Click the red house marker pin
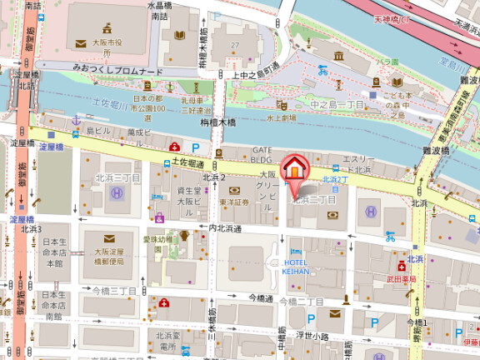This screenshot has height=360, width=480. pos(293,169)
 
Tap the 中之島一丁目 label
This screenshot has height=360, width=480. pos(337,105)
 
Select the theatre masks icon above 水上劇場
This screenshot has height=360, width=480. pos(282,106)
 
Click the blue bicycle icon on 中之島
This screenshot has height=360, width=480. pos(322,71)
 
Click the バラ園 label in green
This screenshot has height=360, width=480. pos(385,62)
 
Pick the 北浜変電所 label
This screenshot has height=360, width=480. pos(167,341)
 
